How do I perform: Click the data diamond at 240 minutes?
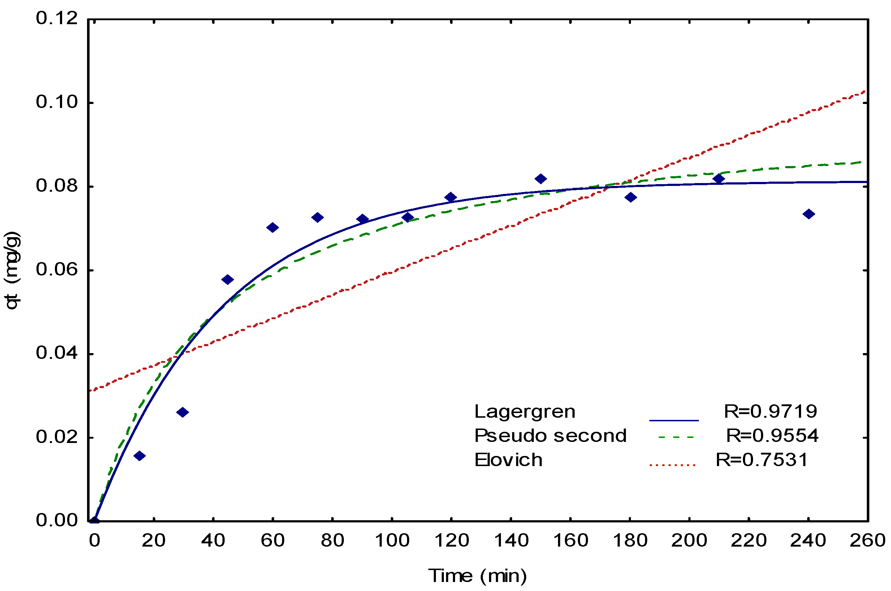click(x=808, y=214)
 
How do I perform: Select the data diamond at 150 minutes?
click(x=540, y=179)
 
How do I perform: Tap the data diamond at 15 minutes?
click(x=139, y=456)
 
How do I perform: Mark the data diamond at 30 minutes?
click(x=182, y=412)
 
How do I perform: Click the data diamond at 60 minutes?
click(x=272, y=227)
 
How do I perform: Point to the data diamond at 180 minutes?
click(x=630, y=197)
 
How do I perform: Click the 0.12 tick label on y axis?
click(x=57, y=18)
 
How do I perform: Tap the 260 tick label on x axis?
click(x=867, y=541)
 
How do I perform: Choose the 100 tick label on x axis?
click(x=392, y=541)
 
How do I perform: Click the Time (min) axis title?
click(x=477, y=576)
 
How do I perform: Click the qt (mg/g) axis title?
click(x=12, y=270)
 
